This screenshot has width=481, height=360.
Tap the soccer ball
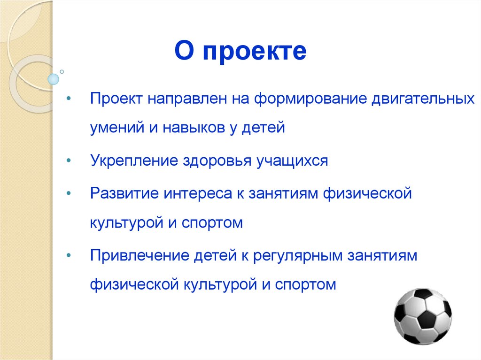pyautogui.click(x=422, y=316)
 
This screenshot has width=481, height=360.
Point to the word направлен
pyautogui.click(x=192, y=100)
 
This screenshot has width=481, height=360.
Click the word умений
pyautogui.click(x=117, y=128)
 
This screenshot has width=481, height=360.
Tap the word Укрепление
pyautogui.click(x=132, y=161)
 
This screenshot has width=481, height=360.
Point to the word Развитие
pyautogui.click(x=121, y=193)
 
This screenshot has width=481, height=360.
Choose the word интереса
pyautogui.click(x=192, y=193)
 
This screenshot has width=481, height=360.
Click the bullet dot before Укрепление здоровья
pyautogui.click(x=69, y=161)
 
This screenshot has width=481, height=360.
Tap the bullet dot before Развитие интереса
pyautogui.click(x=69, y=193)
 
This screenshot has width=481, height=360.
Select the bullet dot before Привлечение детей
pyautogui.click(x=69, y=256)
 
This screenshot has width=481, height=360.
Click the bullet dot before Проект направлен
pyautogui.click(x=69, y=100)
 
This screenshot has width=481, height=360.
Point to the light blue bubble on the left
pyautogui.click(x=54, y=79)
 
